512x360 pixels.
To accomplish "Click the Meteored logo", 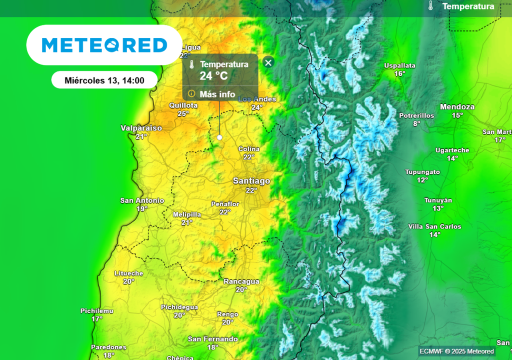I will click(x=104, y=45).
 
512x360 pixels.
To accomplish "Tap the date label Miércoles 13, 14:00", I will click(x=104, y=80).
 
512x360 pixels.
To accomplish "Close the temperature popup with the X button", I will click(x=268, y=62).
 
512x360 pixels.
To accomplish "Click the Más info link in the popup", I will click(x=217, y=94).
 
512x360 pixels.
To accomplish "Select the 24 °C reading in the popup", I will click(x=214, y=76).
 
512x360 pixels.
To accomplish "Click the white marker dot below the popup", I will click(x=219, y=137).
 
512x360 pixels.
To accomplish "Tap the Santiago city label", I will click(x=251, y=181).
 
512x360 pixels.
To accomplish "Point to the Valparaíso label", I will click(x=141, y=128).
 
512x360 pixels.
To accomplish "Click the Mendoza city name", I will click(x=457, y=107).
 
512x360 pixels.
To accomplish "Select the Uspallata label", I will click(x=399, y=65).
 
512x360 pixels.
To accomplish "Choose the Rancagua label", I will click(x=241, y=281).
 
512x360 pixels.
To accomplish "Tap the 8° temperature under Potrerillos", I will click(x=416, y=123).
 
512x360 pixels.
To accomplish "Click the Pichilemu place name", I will click(x=97, y=311).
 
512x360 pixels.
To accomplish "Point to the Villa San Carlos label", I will click(x=434, y=226).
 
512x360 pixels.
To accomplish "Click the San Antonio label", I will click(x=142, y=200).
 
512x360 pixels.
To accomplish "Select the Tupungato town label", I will click(x=422, y=172).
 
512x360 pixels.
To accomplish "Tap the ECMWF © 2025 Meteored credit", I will click(x=457, y=351).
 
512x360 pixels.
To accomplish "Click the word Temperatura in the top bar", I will click(x=468, y=6).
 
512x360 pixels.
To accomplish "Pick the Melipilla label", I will click(x=187, y=214).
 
